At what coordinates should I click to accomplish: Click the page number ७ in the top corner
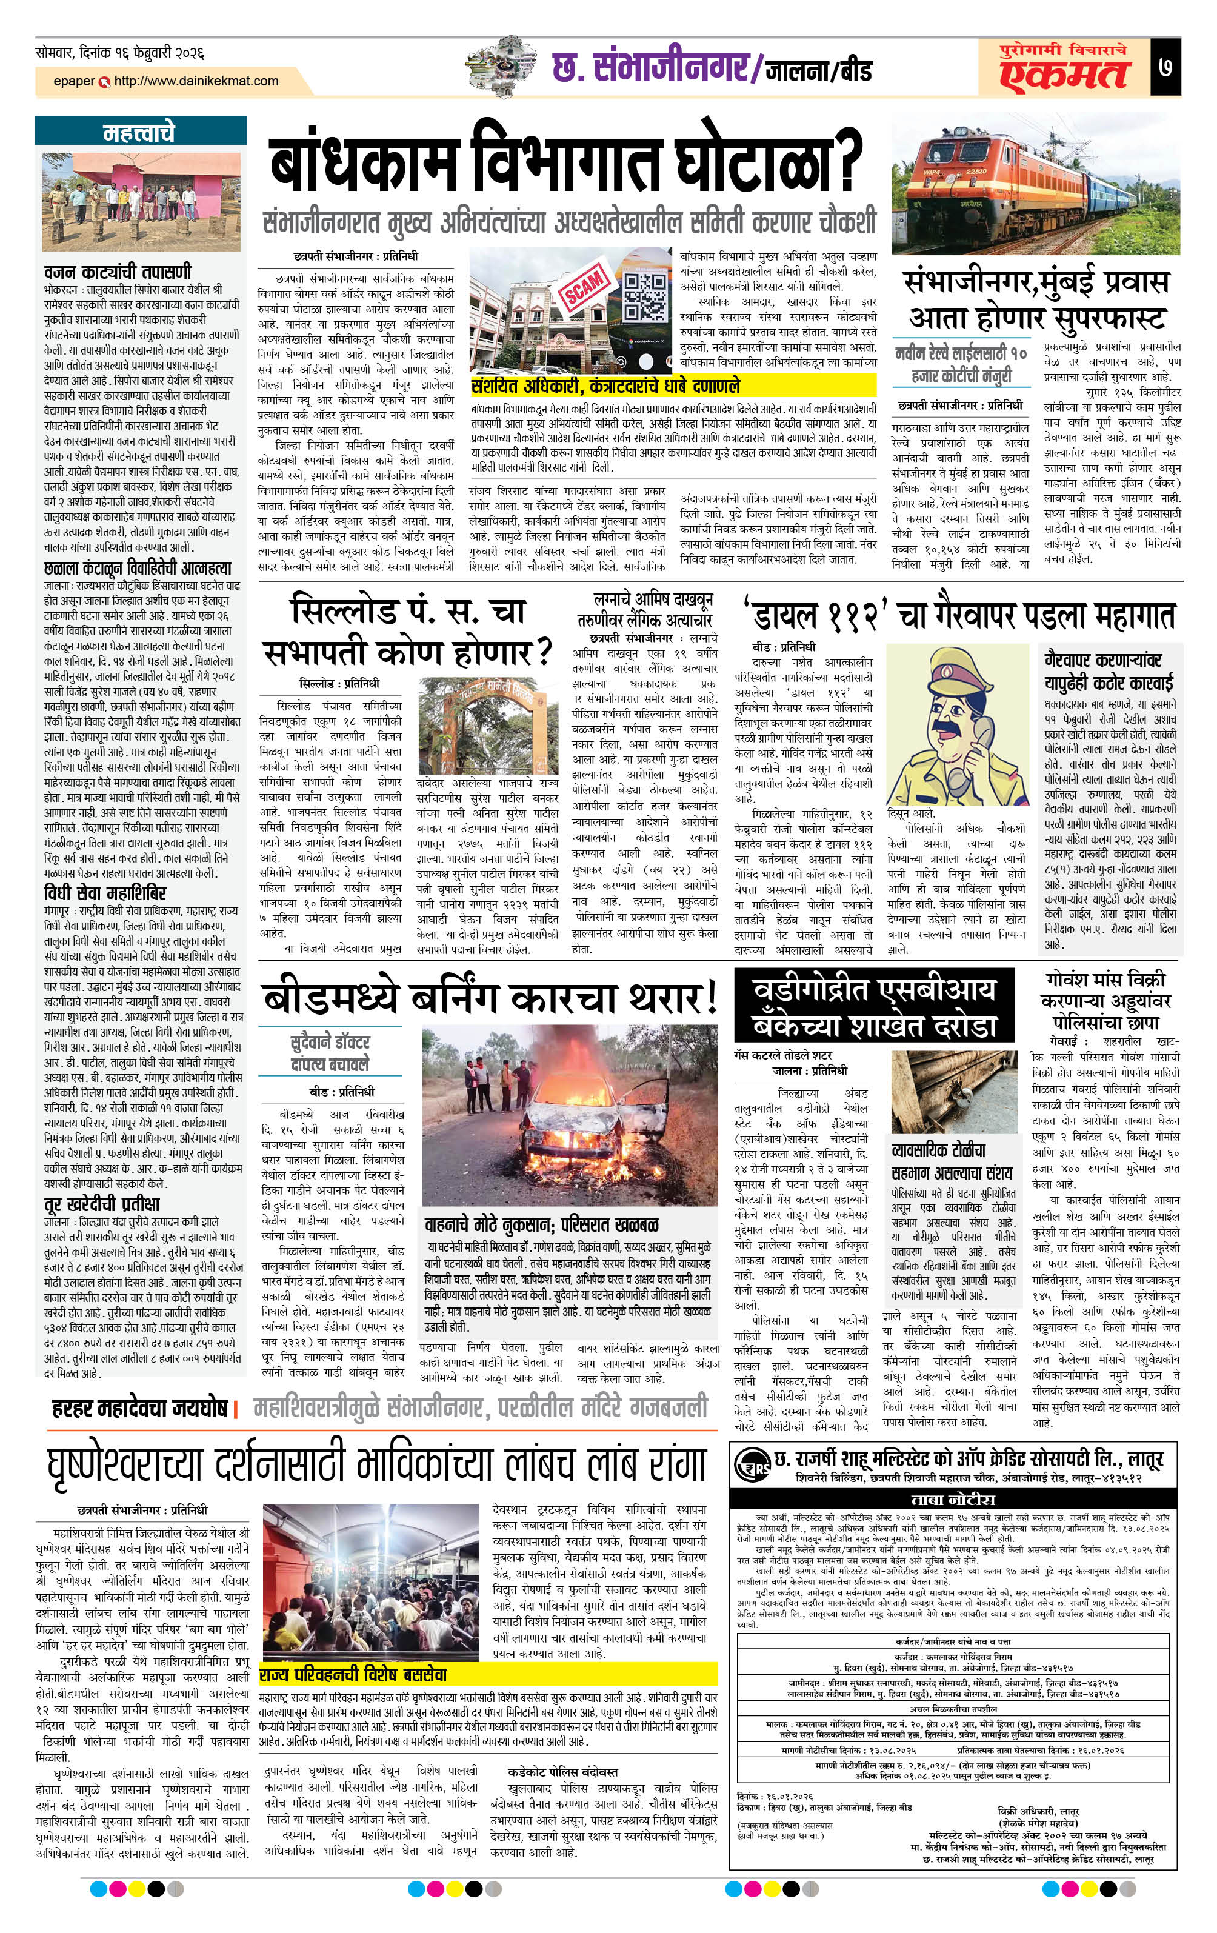point(1165,67)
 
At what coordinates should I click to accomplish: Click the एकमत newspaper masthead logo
point(1064,75)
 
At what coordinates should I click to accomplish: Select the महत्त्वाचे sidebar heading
point(139,132)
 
